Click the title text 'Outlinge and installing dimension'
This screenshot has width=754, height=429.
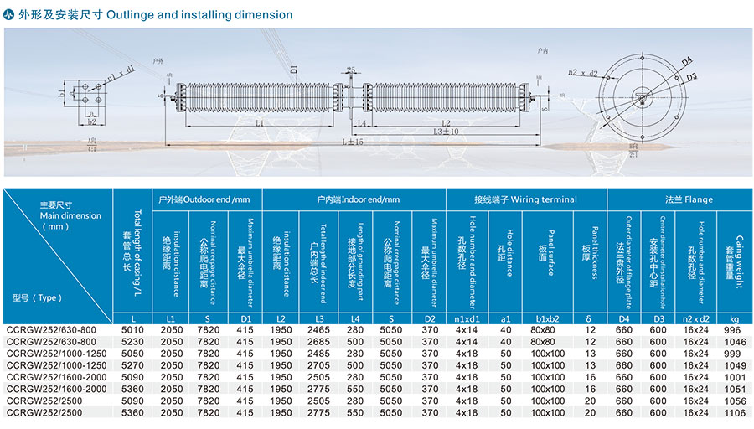(x=200, y=15)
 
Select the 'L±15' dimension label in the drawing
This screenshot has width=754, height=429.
(x=352, y=142)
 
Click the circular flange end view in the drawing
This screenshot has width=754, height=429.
(x=643, y=96)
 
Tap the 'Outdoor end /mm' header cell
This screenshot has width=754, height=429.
(x=204, y=199)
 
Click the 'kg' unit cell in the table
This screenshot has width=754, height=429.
(x=734, y=319)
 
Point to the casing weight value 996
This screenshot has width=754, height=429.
(x=734, y=330)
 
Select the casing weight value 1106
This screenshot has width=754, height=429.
(x=734, y=412)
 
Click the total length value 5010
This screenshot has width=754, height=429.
(x=134, y=330)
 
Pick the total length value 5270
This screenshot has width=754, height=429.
(x=134, y=365)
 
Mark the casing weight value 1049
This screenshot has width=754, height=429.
(x=734, y=365)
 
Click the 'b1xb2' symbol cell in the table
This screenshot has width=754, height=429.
(x=548, y=319)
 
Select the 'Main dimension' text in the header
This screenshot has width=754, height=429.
(x=70, y=215)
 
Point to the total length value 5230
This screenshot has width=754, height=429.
(x=134, y=342)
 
